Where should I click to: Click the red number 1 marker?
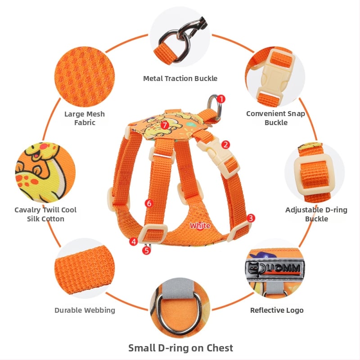click(x=221, y=99)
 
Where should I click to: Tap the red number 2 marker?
click(x=226, y=144)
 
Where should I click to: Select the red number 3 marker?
click(x=251, y=218)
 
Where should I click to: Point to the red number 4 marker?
click(x=133, y=242)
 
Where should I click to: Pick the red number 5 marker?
click(x=147, y=250)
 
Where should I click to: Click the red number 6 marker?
click(x=149, y=203)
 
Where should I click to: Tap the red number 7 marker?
click(x=165, y=126)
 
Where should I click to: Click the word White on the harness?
click(x=200, y=226)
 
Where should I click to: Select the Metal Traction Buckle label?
click(x=180, y=78)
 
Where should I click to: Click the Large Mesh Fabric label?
click(x=85, y=118)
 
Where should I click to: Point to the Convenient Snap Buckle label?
click(x=276, y=118)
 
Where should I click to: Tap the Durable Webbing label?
click(x=85, y=310)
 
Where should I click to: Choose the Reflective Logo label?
click(x=277, y=310)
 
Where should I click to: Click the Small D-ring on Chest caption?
click(x=180, y=348)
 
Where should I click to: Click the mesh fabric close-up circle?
click(x=85, y=76)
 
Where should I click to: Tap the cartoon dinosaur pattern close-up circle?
click(x=45, y=173)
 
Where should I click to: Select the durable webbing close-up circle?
click(x=85, y=268)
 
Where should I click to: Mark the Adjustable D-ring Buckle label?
click(x=316, y=214)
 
